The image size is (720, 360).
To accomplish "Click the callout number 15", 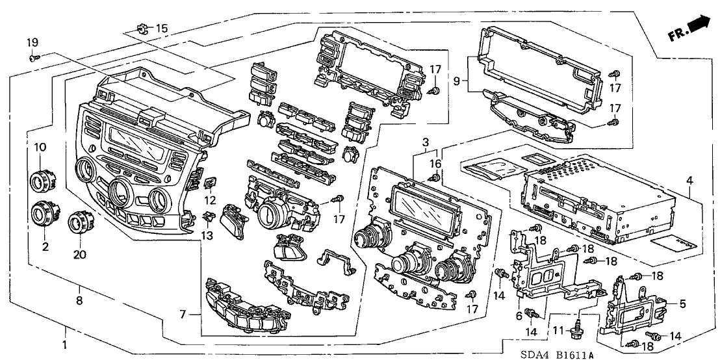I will [x=161, y=28].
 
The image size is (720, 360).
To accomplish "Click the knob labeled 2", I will [x=44, y=214].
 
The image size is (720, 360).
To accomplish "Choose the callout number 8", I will [x=79, y=300].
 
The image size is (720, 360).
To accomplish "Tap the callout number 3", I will [x=424, y=142].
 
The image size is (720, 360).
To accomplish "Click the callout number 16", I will [x=435, y=163].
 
